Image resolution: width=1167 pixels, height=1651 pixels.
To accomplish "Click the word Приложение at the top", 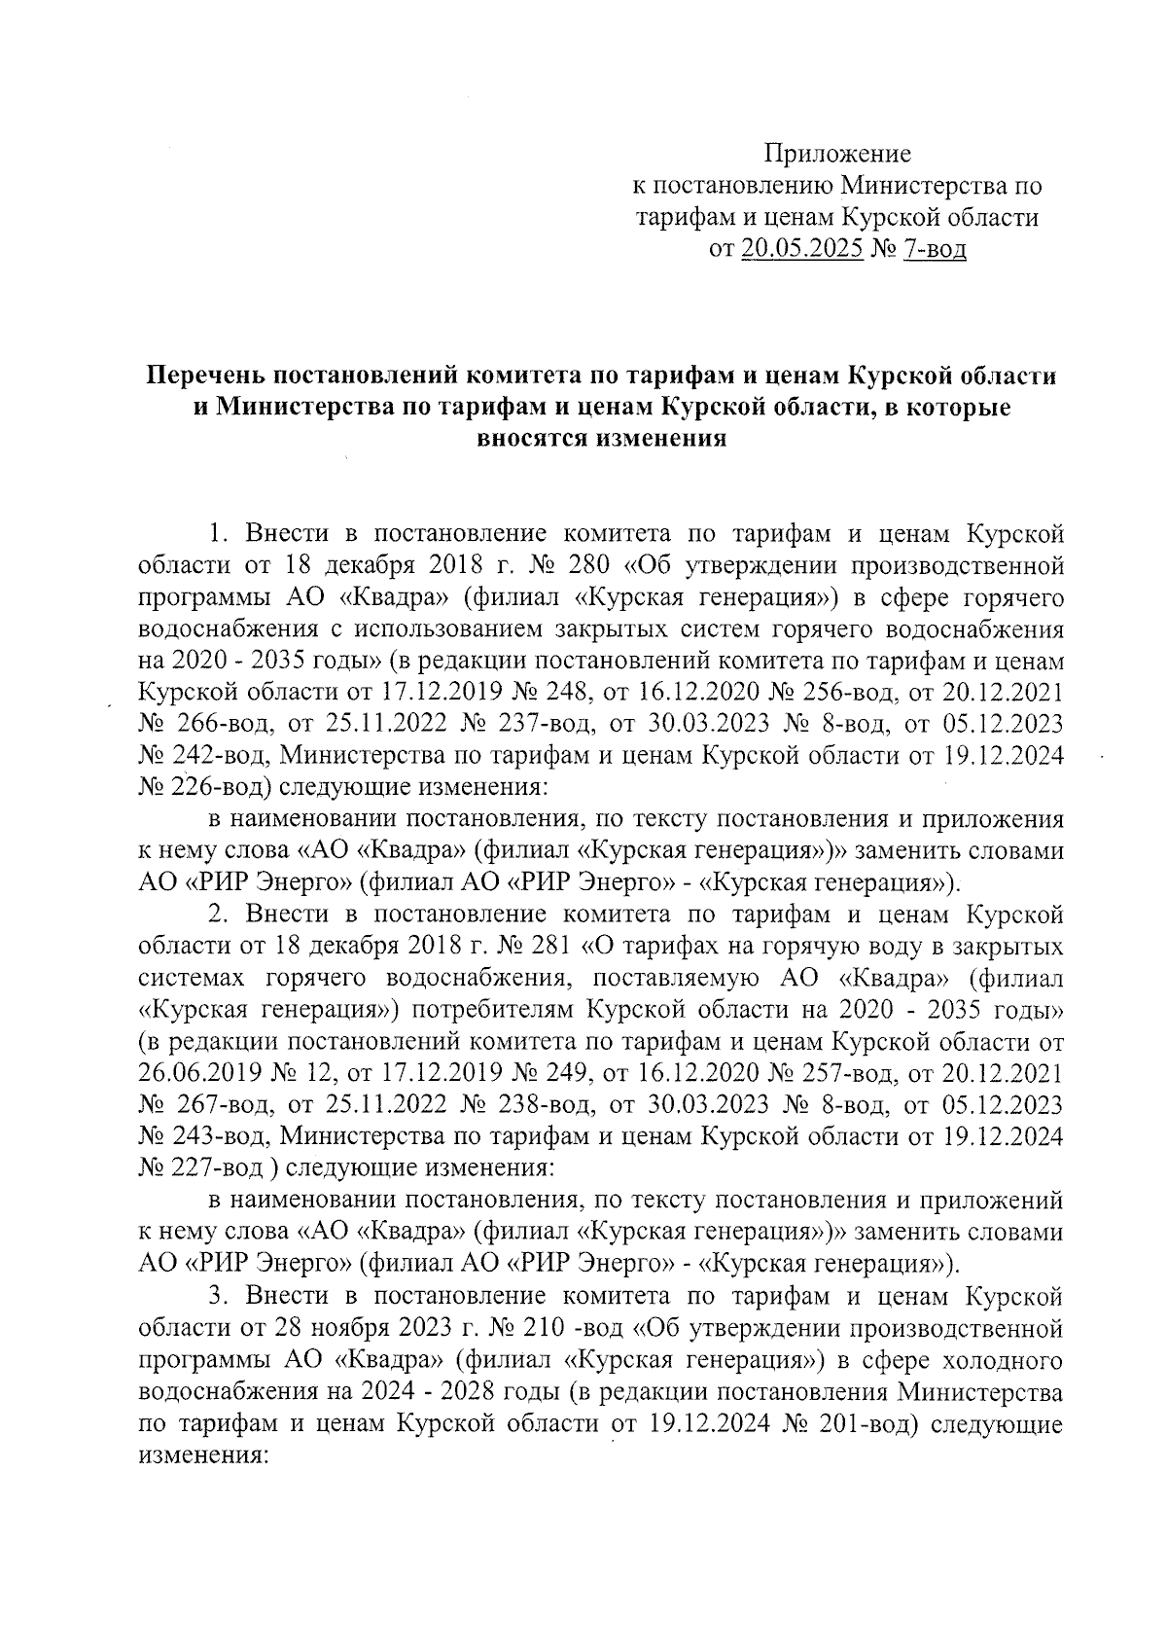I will pos(837,154).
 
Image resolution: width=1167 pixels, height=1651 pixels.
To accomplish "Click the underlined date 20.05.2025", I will pos(802,249).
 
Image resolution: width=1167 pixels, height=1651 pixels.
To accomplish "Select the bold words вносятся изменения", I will pos(601,438).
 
